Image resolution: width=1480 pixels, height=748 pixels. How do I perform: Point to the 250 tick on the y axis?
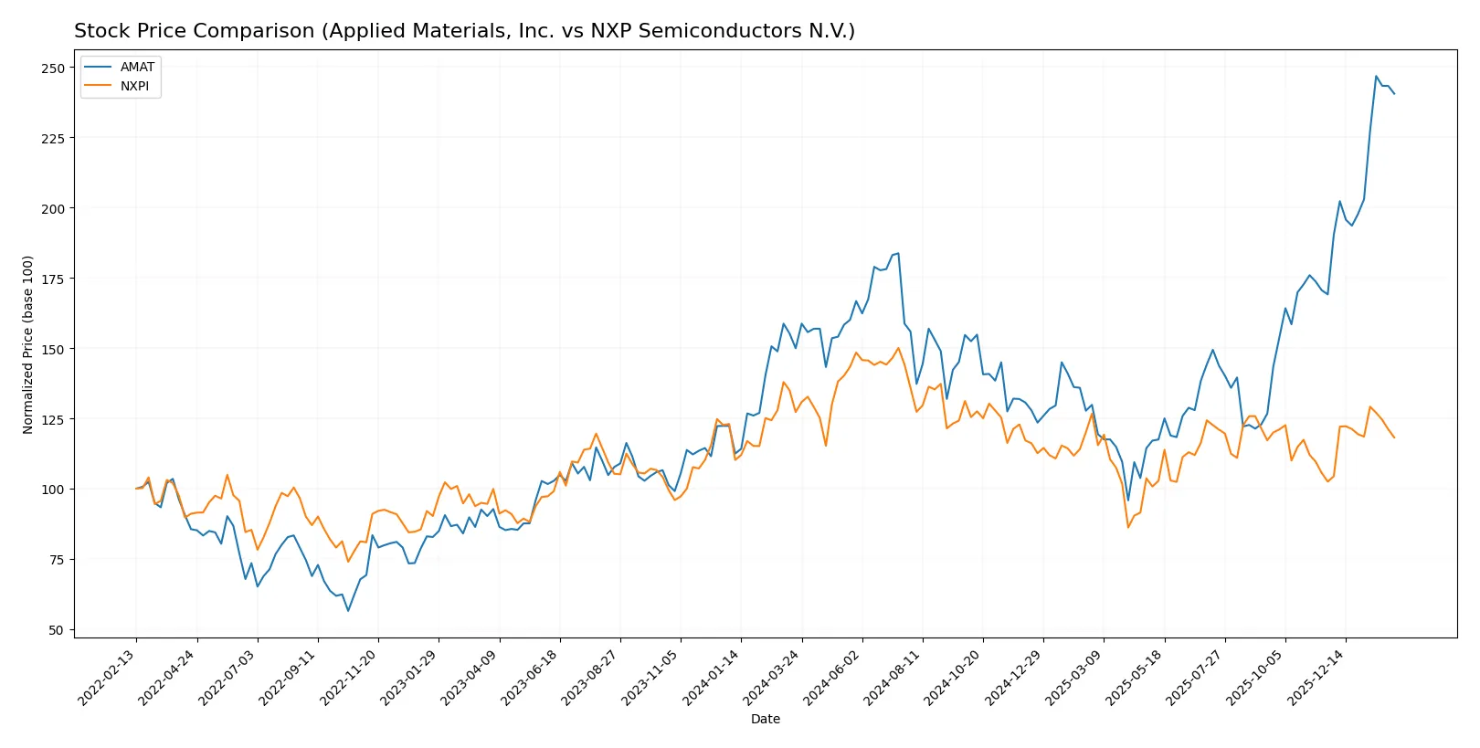(53, 68)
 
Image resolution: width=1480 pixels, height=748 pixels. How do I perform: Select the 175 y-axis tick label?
(53, 279)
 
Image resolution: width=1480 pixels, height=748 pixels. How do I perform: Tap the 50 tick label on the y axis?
(57, 630)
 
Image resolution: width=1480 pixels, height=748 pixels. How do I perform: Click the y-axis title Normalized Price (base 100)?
(28, 344)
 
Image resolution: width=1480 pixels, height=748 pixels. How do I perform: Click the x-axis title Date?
(765, 719)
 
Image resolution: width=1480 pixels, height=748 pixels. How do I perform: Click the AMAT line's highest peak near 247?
(1376, 77)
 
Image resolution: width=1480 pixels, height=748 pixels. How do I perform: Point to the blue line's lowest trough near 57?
(348, 610)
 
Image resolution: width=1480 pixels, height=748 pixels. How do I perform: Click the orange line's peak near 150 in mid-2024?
(898, 348)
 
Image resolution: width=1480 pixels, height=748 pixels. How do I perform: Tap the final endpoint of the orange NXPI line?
(1394, 437)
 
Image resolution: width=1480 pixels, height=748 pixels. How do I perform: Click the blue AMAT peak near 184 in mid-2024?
(898, 253)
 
